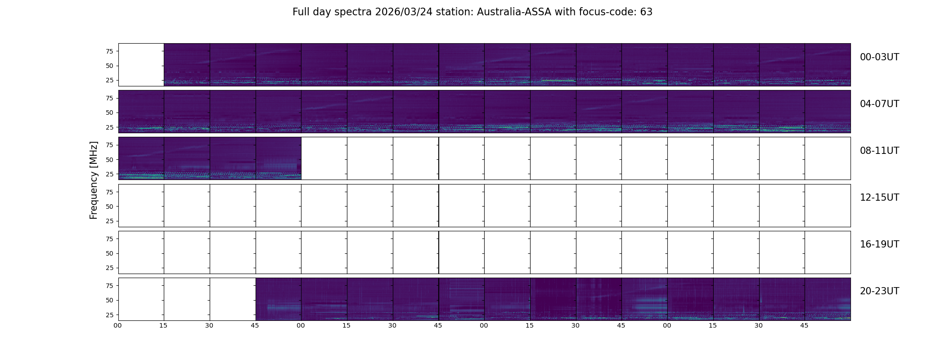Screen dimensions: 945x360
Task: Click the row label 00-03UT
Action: point(879,57)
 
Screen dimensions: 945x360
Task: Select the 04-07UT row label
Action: point(879,104)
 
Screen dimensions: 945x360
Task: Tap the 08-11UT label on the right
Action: point(879,151)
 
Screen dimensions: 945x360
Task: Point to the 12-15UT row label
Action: point(879,198)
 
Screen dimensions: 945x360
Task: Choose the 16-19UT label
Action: point(879,244)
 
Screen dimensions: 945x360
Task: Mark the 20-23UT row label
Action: point(879,291)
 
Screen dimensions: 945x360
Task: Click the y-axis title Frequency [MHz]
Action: point(94,180)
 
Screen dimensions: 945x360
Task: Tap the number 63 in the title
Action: point(646,12)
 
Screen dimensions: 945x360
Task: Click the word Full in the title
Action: point(301,12)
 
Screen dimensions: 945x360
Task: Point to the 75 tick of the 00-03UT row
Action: point(109,51)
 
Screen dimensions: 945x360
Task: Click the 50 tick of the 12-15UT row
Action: point(109,207)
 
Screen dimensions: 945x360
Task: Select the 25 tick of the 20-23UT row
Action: point(109,315)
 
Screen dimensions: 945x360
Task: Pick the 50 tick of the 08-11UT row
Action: point(109,160)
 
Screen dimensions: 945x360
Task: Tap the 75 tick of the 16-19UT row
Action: point(109,239)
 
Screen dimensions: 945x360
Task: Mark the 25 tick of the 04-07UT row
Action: point(109,127)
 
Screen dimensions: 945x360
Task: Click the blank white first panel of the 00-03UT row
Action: point(141,65)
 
